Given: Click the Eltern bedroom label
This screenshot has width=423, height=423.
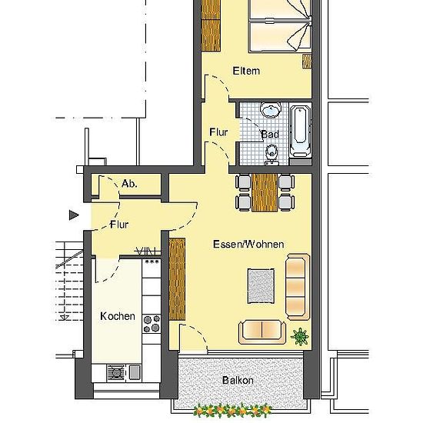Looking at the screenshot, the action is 246,71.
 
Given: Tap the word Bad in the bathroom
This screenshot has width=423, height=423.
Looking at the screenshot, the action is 270,134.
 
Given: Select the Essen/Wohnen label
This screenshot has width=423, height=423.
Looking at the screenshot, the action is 248,244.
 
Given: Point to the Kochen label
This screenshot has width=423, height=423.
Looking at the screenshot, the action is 118,316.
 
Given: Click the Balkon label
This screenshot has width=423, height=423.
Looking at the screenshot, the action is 238,381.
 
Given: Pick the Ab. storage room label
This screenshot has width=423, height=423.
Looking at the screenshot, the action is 129,184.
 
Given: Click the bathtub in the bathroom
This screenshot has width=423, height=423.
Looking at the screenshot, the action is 301,132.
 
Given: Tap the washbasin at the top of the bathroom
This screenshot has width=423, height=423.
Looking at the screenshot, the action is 270,109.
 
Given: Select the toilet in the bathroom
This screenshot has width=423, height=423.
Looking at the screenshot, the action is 271,155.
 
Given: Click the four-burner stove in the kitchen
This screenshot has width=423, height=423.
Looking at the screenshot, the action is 152,324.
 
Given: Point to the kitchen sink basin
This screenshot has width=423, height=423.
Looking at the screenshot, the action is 135,371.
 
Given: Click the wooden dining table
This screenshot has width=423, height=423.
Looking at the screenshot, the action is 265,192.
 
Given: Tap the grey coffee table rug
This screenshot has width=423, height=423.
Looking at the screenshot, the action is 261,286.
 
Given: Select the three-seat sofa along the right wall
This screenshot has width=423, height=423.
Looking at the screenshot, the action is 298,287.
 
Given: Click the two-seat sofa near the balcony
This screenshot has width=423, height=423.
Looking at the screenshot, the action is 262,332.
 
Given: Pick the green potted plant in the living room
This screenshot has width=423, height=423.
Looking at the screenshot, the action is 300,336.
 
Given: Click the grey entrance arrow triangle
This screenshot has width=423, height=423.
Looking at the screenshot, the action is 74,215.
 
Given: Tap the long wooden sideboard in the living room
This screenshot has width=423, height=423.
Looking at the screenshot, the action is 177,279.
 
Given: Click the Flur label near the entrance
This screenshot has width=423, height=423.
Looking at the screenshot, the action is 119,225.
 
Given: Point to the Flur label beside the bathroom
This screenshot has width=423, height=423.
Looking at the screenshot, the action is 218,132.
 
